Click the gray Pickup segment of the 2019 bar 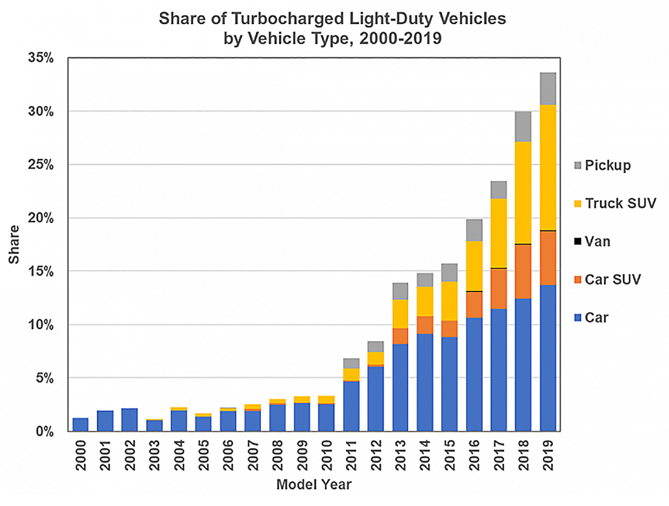548,89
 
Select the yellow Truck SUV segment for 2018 523,193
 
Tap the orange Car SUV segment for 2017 498,289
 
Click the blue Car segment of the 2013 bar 400,388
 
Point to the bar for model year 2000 80,425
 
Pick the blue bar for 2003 154,426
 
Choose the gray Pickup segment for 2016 474,230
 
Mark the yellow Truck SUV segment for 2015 449,301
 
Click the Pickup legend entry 602,166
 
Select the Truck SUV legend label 620,203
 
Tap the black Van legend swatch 578,241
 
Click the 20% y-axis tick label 41,218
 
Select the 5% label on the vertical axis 45,378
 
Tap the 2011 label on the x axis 351,455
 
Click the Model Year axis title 314,485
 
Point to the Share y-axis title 14,244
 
